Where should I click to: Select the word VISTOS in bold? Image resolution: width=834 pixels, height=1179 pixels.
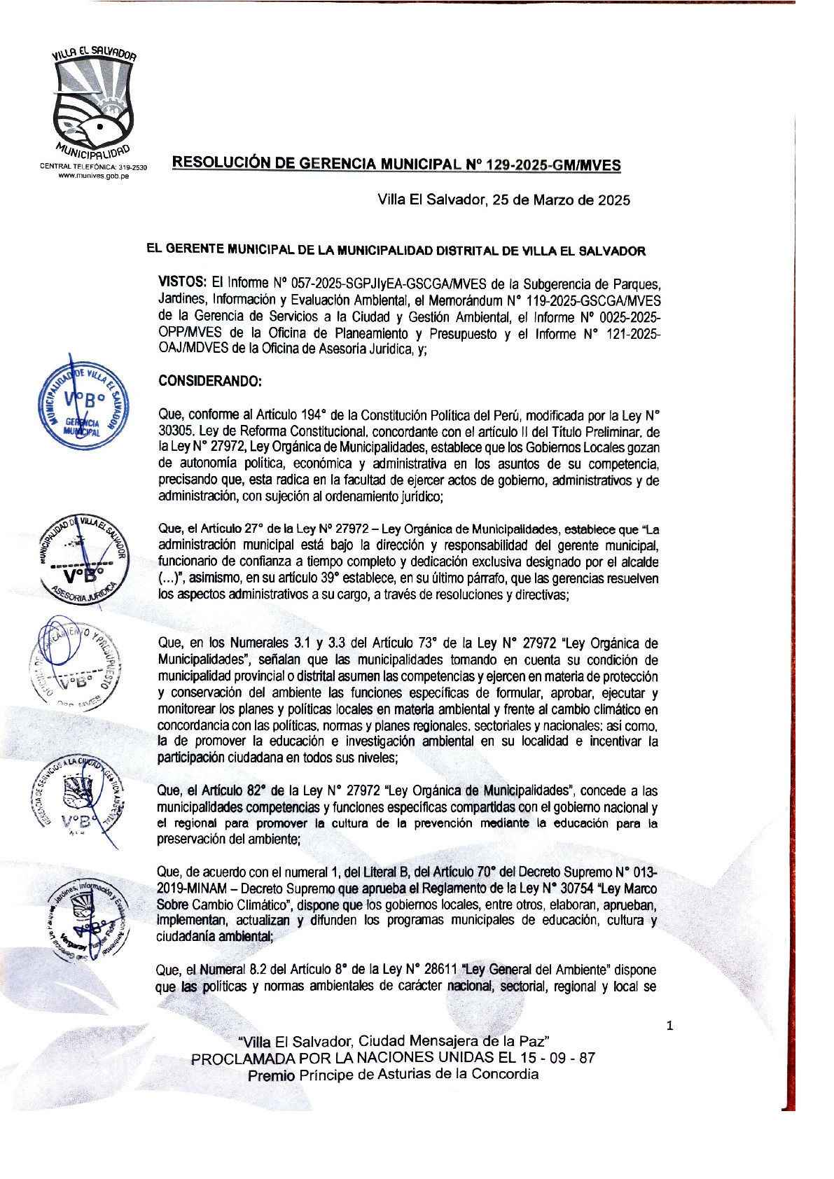182,283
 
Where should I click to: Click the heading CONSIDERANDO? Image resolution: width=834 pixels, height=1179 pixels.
210,382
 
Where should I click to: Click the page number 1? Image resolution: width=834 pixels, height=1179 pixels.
669,1026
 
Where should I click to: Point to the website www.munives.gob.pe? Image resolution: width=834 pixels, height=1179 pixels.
93,176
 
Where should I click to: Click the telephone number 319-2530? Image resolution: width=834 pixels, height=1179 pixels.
132,167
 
